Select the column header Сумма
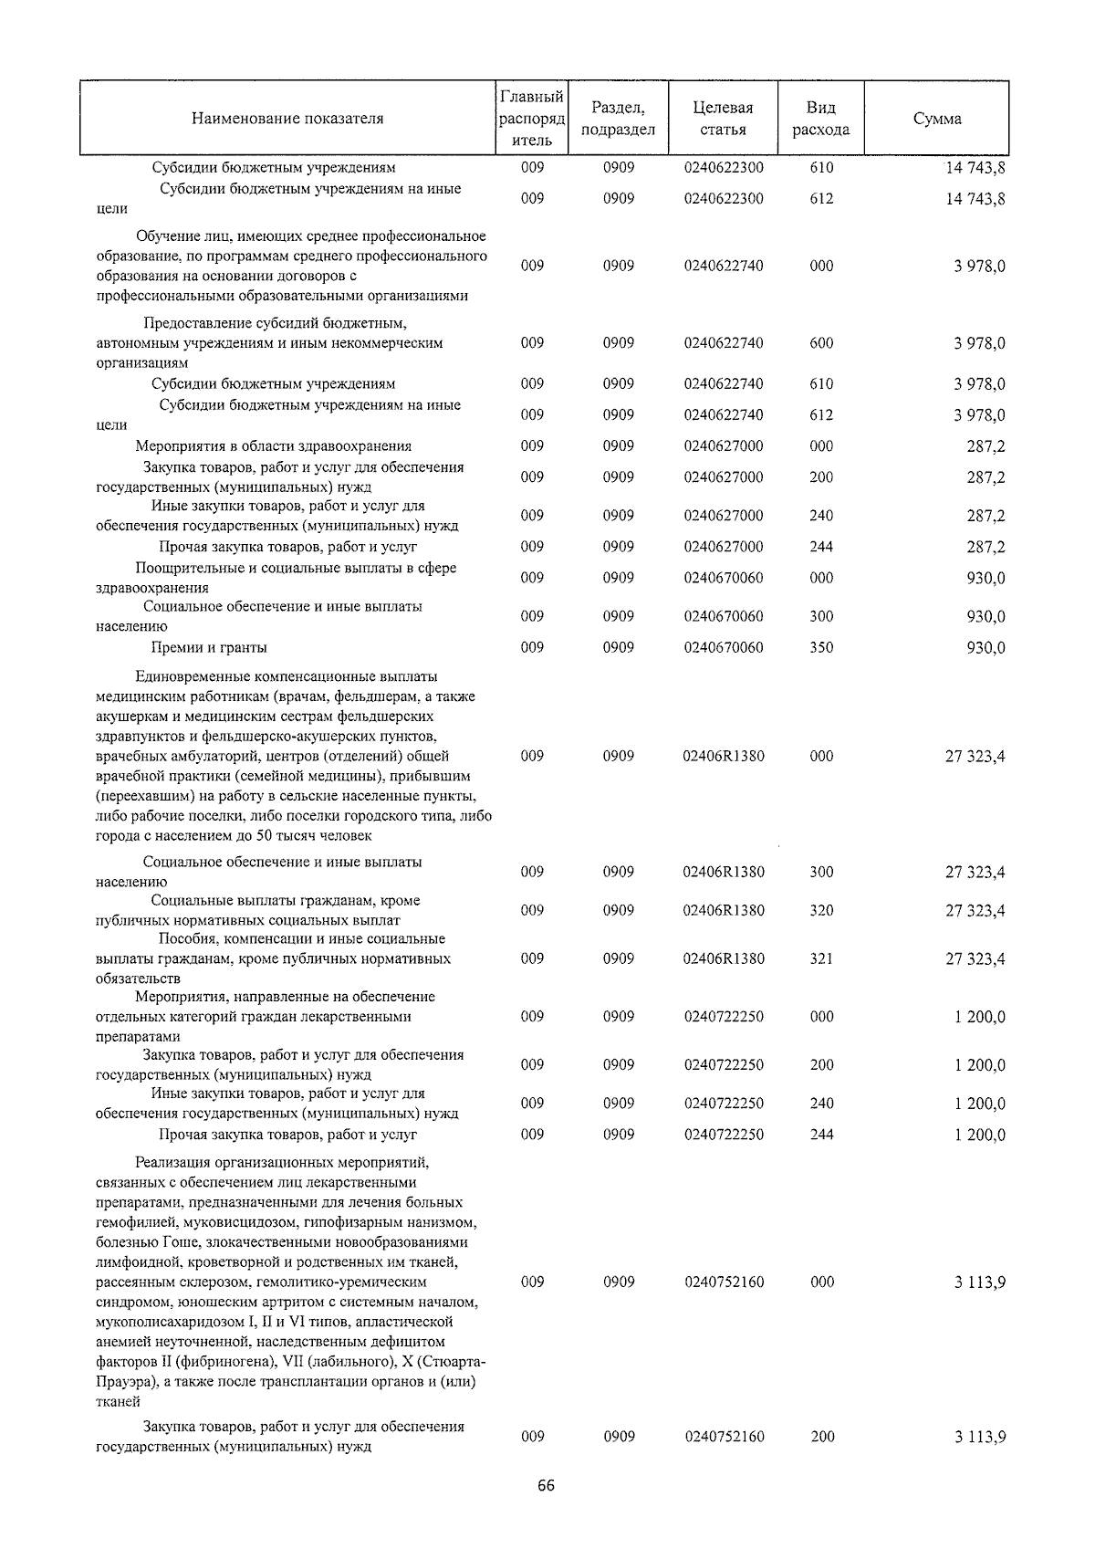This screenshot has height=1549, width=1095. pyautogui.click(x=937, y=119)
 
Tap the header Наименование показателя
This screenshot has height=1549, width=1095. pyautogui.click(x=287, y=119)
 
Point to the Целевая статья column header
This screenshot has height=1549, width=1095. pyautogui.click(x=723, y=119)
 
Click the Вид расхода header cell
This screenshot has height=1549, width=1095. pyautogui.click(x=820, y=119)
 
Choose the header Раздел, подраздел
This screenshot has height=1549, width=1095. pyautogui.click(x=618, y=119)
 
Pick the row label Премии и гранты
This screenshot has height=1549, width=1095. pyautogui.click(x=209, y=648)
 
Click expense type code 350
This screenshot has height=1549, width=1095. pyautogui.click(x=821, y=648)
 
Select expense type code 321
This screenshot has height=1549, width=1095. pyautogui.click(x=821, y=959)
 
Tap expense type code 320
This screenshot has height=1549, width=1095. pyautogui.click(x=821, y=911)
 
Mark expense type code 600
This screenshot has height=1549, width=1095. pyautogui.click(x=821, y=344)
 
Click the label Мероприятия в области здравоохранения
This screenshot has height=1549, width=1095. pyautogui.click(x=273, y=446)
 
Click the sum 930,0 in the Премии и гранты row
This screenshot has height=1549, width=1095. pyautogui.click(x=985, y=648)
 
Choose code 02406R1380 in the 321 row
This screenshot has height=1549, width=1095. pyautogui.click(x=724, y=959)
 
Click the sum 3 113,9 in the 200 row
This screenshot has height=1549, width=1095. pyautogui.click(x=980, y=1437)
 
